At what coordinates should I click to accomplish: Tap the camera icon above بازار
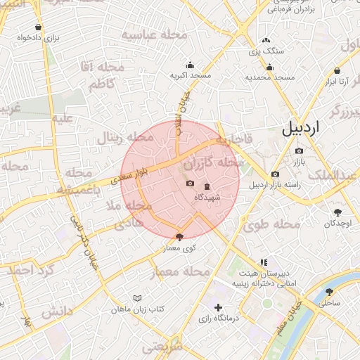tap(299, 150)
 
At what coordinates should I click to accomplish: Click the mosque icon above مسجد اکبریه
tap(189, 65)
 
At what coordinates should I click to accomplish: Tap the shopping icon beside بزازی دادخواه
tap(37, 27)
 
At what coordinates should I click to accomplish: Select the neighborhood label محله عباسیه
tap(155, 34)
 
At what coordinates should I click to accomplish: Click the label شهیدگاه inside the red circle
tap(207, 198)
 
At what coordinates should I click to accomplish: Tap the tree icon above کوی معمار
tap(179, 237)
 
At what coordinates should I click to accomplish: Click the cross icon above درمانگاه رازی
tap(218, 307)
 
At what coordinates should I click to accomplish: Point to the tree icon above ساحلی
tap(329, 291)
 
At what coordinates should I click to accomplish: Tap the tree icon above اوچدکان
tap(337, 212)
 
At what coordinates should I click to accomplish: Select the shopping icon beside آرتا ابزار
tap(338, 71)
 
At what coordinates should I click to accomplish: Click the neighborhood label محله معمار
tap(186, 271)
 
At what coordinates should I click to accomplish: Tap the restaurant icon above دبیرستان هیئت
tap(264, 262)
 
